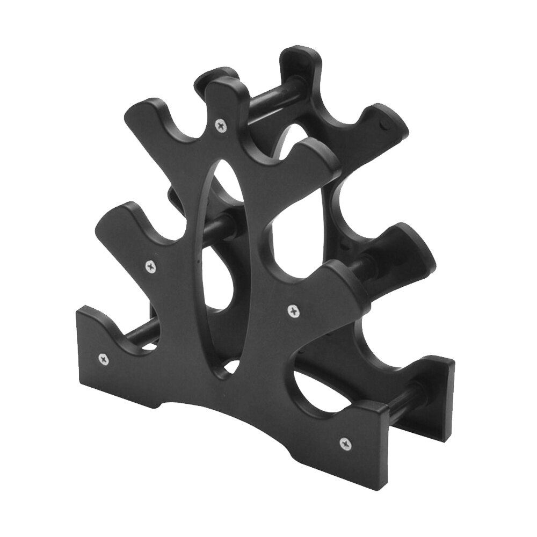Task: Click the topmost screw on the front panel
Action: click(220, 125)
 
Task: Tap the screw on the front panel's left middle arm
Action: click(151, 265)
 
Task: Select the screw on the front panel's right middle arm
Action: click(293, 310)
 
